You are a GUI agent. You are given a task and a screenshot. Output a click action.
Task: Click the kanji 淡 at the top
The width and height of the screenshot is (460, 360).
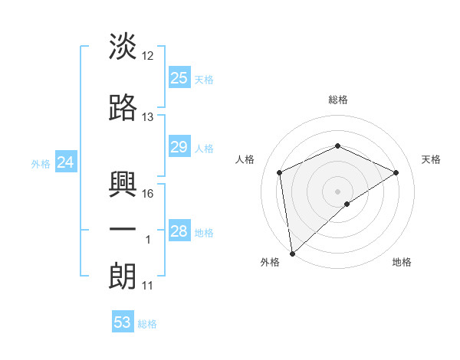(123, 47)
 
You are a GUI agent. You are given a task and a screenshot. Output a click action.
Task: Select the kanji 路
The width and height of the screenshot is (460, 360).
(123, 108)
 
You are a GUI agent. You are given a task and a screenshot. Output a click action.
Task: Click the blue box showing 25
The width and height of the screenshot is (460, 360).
(179, 77)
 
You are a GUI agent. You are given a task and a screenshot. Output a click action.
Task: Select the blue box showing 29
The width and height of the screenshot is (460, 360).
(179, 147)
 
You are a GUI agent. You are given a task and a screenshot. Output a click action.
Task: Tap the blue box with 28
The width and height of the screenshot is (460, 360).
(179, 231)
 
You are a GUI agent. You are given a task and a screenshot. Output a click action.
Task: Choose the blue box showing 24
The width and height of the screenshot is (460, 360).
(66, 162)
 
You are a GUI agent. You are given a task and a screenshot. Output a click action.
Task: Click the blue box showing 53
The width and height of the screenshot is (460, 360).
(123, 322)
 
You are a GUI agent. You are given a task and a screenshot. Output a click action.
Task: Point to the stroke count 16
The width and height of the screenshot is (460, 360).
(148, 194)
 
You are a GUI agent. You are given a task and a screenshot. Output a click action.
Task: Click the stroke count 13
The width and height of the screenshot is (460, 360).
(148, 117)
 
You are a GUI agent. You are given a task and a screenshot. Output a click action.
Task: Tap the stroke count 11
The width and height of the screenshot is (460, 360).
(148, 286)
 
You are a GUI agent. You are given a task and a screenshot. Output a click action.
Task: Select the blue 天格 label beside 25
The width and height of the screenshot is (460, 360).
(204, 79)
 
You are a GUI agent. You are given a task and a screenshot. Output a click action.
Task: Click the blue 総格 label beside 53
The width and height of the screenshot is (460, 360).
(147, 324)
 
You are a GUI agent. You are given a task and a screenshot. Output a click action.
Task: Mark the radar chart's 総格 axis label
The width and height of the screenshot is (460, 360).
(337, 100)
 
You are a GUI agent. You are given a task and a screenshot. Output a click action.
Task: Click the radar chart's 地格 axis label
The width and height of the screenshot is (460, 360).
(402, 262)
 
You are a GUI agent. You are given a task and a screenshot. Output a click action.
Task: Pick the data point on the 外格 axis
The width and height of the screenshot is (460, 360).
(291, 253)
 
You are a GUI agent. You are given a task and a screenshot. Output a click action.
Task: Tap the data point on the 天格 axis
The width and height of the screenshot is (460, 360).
(396, 172)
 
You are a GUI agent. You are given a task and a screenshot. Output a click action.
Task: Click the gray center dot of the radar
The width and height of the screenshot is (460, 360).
(337, 191)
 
